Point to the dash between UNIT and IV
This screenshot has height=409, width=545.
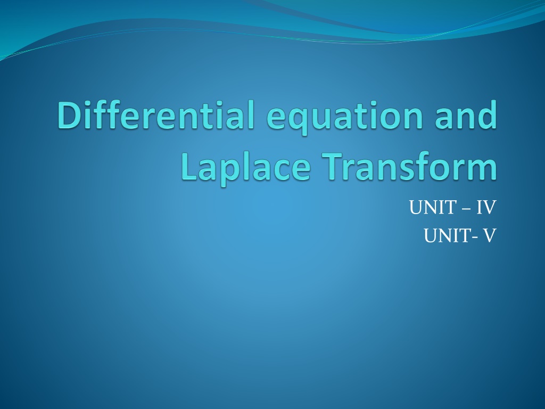coord(466,209)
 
